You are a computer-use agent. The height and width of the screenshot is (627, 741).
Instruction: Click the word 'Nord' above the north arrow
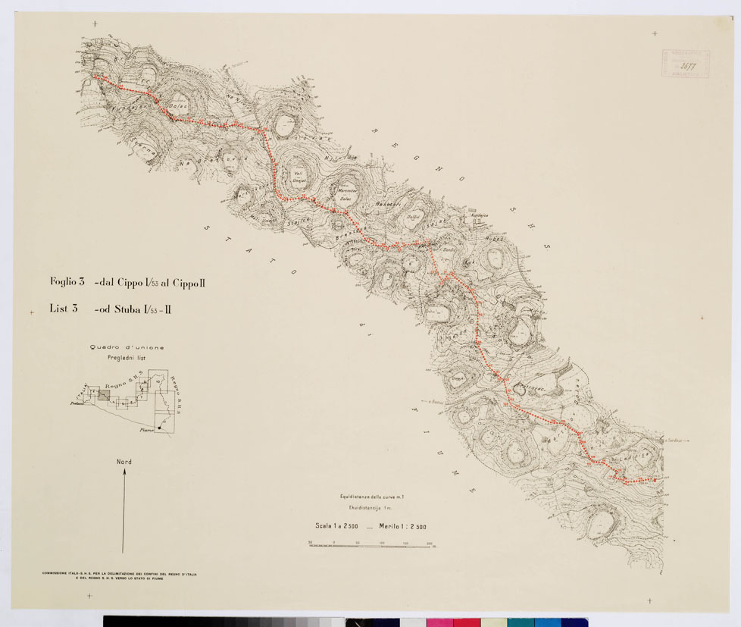[x=123, y=461]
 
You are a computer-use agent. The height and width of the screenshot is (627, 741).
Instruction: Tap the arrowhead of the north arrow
[x=123, y=472]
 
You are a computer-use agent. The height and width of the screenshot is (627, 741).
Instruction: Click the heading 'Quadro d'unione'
[x=127, y=347]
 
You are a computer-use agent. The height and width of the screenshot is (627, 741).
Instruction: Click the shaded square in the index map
[x=104, y=395]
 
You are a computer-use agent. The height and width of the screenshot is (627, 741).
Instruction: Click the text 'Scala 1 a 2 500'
[x=336, y=525]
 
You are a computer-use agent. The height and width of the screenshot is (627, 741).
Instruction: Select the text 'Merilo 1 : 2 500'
[x=402, y=525]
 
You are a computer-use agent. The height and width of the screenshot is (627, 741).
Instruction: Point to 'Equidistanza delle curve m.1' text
[x=372, y=497]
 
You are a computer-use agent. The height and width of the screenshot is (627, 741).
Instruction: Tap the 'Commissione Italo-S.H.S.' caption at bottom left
[x=119, y=575]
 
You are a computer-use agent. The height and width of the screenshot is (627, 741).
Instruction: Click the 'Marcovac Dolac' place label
[x=346, y=194]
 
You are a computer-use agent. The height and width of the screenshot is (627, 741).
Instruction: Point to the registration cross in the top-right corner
[x=655, y=33]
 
